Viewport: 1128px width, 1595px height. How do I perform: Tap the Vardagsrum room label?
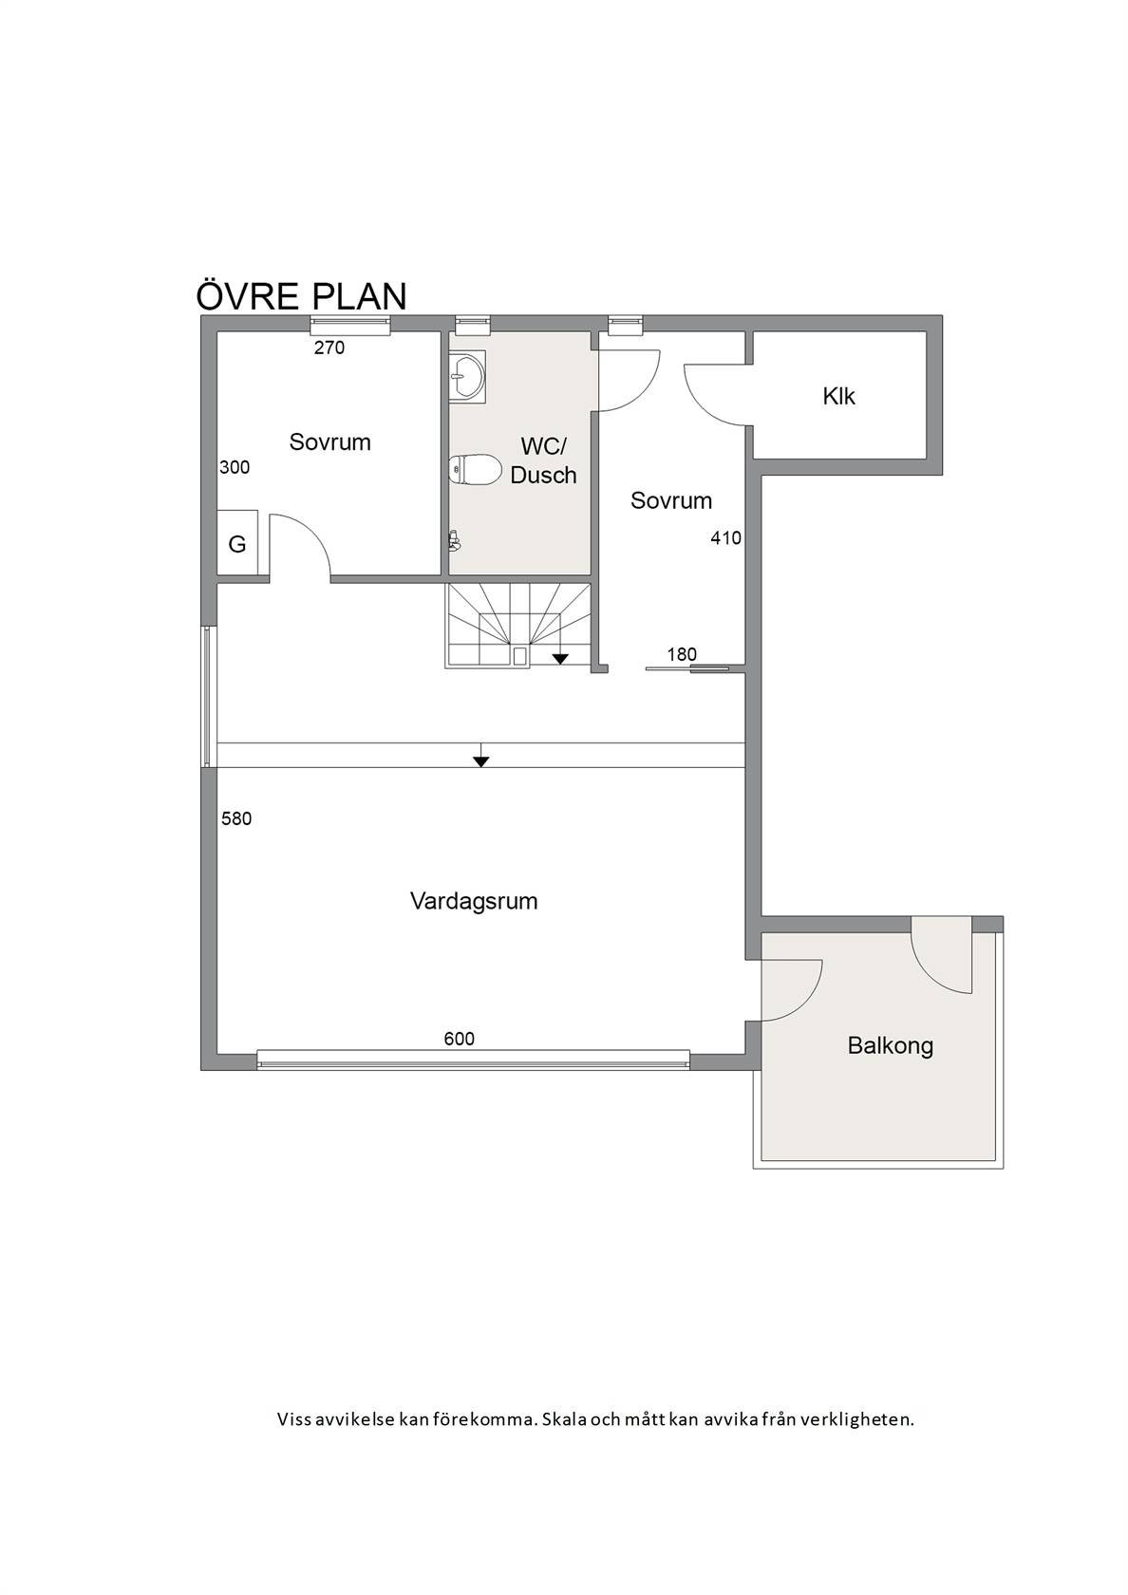[x=474, y=901]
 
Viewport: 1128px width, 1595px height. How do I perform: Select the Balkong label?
[x=891, y=1046]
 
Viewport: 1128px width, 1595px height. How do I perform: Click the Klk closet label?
[x=839, y=396]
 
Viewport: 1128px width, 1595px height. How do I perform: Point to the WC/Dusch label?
[x=543, y=460]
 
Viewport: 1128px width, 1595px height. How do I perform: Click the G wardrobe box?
[x=237, y=545]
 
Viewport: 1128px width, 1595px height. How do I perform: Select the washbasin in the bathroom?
[x=467, y=374]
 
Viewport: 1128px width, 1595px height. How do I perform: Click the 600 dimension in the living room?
[x=460, y=1039]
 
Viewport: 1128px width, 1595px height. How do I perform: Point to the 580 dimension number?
[x=236, y=818]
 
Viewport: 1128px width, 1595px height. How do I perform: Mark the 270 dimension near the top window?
[x=329, y=347]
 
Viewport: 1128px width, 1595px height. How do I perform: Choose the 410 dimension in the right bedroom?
[x=725, y=538]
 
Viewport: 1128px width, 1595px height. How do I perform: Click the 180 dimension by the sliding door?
[x=682, y=653]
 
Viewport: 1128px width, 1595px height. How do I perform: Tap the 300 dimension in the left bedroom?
[x=235, y=467]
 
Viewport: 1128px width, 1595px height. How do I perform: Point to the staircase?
[x=518, y=625]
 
